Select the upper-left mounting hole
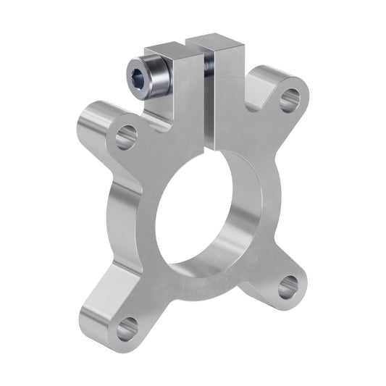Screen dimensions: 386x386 (x=125, y=135)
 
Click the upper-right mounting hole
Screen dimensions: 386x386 (x=289, y=98)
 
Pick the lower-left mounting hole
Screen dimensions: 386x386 (x=126, y=330)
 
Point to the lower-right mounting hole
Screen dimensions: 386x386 (x=289, y=286)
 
